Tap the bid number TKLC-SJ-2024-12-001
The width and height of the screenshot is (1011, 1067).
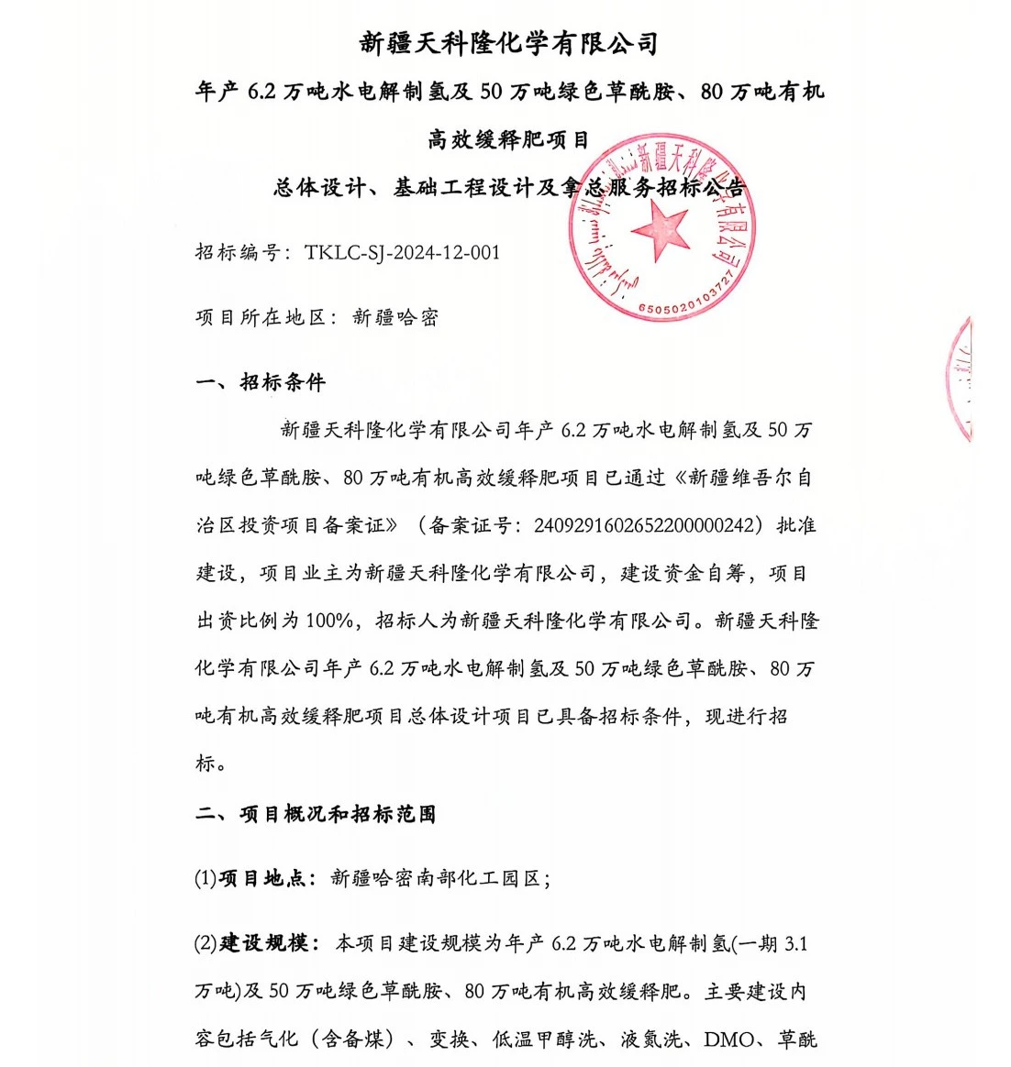coord(403,253)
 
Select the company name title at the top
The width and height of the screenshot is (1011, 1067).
coord(508,43)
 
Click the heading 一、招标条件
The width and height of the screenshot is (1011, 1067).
coord(261,382)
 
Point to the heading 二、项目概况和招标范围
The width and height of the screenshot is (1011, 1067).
coord(316,814)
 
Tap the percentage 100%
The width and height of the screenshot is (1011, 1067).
coord(329,621)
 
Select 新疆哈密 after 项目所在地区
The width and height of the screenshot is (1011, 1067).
coord(395,318)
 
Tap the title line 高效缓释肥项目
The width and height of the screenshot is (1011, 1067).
coord(508,139)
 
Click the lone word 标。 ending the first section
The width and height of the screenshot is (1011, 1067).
coord(210,764)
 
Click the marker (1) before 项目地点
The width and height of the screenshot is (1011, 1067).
coord(205,878)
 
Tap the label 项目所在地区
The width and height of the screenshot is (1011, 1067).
coord(261,318)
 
